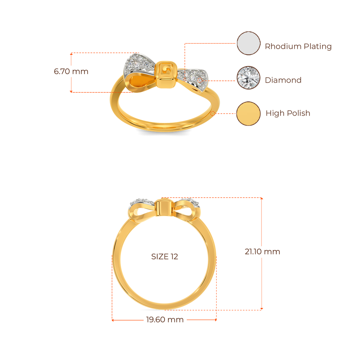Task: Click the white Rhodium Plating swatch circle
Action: [249, 43]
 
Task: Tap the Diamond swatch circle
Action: [249, 78]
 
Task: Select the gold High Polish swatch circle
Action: [249, 113]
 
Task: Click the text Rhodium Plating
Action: [298, 46]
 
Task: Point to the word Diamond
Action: [283, 80]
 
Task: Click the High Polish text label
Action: [288, 113]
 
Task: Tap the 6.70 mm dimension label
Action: [71, 72]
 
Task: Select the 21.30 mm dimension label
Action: [262, 252]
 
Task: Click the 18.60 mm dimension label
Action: [165, 320]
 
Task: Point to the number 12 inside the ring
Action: [175, 257]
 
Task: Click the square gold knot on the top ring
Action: [166, 74]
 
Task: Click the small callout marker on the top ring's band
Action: [212, 114]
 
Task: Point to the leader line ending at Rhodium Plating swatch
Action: [211, 44]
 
